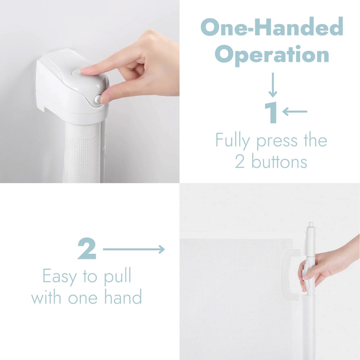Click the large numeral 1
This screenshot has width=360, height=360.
point(271,112)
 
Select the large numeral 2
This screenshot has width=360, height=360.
point(87,249)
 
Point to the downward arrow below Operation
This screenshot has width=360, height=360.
point(273,85)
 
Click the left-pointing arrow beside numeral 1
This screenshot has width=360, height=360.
point(295,111)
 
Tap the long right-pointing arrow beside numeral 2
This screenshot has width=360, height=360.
point(134,249)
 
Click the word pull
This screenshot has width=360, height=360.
point(117,276)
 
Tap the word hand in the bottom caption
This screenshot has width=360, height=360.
point(123,296)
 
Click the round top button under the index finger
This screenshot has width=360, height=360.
point(79,73)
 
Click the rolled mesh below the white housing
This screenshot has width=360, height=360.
point(83,153)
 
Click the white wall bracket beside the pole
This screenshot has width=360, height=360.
point(291,274)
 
